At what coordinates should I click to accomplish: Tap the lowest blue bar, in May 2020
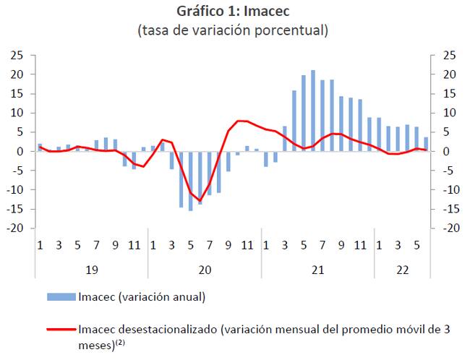[x=191, y=181]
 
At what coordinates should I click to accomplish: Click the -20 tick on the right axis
[x=450, y=228]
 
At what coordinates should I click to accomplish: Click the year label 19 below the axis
[x=92, y=269]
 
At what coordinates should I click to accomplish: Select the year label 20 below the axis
[x=205, y=269]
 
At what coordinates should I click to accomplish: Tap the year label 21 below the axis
[x=317, y=269]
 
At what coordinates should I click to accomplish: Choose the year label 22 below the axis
[x=402, y=269]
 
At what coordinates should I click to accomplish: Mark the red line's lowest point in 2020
[x=200, y=201]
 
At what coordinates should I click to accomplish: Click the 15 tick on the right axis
[x=450, y=94]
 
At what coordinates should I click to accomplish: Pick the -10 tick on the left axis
[x=17, y=190]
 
